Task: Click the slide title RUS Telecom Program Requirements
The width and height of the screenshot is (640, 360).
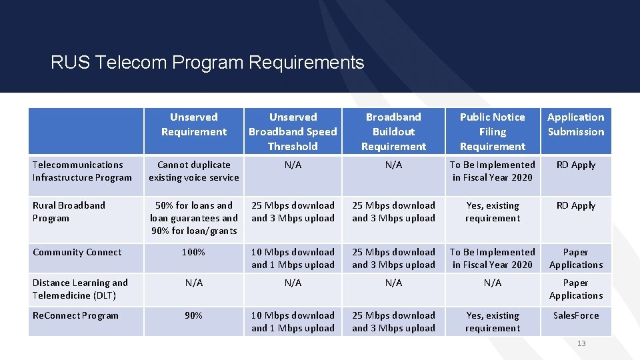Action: (x=207, y=63)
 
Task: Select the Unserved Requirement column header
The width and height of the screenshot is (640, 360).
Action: (x=193, y=125)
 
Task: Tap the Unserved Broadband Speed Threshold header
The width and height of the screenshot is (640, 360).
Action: (x=293, y=131)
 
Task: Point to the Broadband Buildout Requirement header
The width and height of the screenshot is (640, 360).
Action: (x=393, y=131)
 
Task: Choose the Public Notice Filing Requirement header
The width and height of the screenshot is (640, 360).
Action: (x=493, y=131)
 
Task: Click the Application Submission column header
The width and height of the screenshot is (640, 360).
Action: (x=576, y=125)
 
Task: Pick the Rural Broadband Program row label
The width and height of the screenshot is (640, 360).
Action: (x=69, y=212)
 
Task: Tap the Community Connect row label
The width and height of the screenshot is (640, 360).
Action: (x=77, y=252)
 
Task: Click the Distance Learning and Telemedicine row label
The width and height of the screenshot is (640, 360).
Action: (x=80, y=289)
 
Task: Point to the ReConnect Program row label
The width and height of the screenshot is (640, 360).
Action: (x=75, y=315)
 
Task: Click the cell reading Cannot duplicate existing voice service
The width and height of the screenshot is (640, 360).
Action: (x=193, y=171)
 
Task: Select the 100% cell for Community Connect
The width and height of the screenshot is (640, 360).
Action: (x=193, y=252)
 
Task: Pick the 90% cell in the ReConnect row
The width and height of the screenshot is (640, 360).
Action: (x=193, y=315)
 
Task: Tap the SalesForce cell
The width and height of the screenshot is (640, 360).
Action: (x=576, y=315)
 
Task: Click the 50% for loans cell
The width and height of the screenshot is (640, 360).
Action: (x=193, y=218)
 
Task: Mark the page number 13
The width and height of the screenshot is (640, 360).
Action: (x=581, y=343)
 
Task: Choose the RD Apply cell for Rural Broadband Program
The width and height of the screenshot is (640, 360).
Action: (x=576, y=205)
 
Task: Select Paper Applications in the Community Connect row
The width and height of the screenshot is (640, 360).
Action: (x=576, y=259)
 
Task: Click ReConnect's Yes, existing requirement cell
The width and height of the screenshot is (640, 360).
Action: (x=493, y=321)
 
